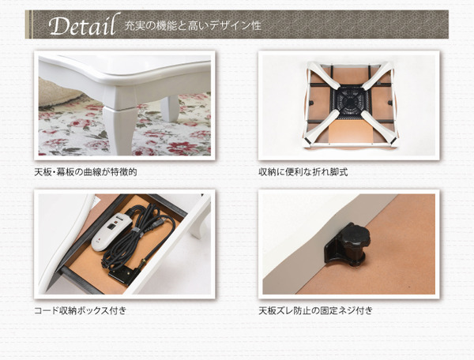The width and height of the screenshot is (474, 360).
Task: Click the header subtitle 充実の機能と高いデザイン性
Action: (193, 26)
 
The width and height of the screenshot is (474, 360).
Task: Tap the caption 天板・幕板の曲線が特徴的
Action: (85, 172)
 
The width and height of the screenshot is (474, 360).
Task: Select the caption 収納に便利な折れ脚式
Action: (303, 172)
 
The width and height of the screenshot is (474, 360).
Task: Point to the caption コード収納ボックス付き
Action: (80, 310)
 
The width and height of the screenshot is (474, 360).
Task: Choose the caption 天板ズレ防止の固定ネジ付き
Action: (315, 310)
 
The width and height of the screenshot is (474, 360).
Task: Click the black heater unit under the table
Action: (350, 102)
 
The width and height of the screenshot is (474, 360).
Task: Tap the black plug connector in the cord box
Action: (125, 274)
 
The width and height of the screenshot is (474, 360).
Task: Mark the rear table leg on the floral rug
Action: (170, 107)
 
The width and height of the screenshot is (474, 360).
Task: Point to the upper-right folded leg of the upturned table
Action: (378, 76)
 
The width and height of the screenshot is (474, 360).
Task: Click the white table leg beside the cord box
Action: (199, 220)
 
